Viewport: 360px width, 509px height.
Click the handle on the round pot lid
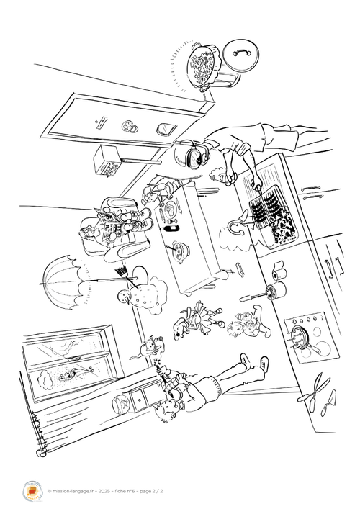tap(241, 53)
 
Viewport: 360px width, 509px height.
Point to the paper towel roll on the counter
tap(279, 271)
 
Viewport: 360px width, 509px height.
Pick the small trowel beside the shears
tap(328, 402)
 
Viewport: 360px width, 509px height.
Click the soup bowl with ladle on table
tap(179, 251)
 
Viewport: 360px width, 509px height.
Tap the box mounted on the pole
tap(106, 161)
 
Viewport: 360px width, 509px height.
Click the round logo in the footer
tap(32, 491)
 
